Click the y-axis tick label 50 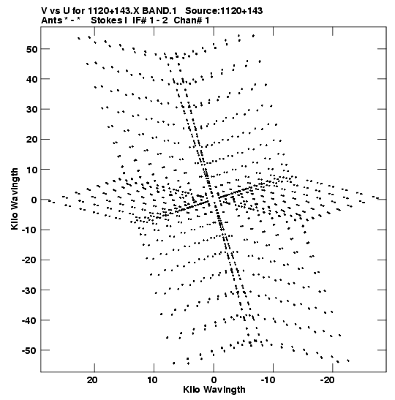coord(31,49)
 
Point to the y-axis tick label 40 coord(31,79)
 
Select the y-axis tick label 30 coord(31,110)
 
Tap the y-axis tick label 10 coord(31,170)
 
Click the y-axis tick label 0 coord(34,200)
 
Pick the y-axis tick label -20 coord(29,260)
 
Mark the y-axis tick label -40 coord(29,320)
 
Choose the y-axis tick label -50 coord(29,350)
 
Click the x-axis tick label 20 coord(92,380)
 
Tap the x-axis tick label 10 coord(152,380)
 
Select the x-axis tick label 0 coord(214,380)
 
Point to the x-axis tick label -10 coord(268,380)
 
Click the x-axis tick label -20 coord(328,380)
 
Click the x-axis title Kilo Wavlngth coord(214,390)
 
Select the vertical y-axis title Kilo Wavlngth coord(15,199)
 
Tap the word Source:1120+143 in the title coord(224,11)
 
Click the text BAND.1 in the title coord(159,11)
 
